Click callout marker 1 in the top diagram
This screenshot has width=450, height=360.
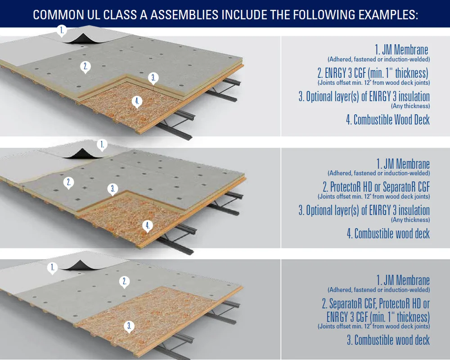[62, 31]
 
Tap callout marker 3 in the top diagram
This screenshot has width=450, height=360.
[153, 78]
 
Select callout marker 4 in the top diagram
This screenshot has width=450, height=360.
[137, 102]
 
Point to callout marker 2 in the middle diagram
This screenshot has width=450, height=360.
[68, 183]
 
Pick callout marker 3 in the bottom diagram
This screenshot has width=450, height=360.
[129, 327]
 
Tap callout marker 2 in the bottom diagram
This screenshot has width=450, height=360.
[125, 282]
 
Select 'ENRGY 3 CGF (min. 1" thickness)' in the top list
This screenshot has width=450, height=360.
[373, 73]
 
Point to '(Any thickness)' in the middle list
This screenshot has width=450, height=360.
[410, 220]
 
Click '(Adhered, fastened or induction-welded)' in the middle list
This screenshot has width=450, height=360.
[379, 173]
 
